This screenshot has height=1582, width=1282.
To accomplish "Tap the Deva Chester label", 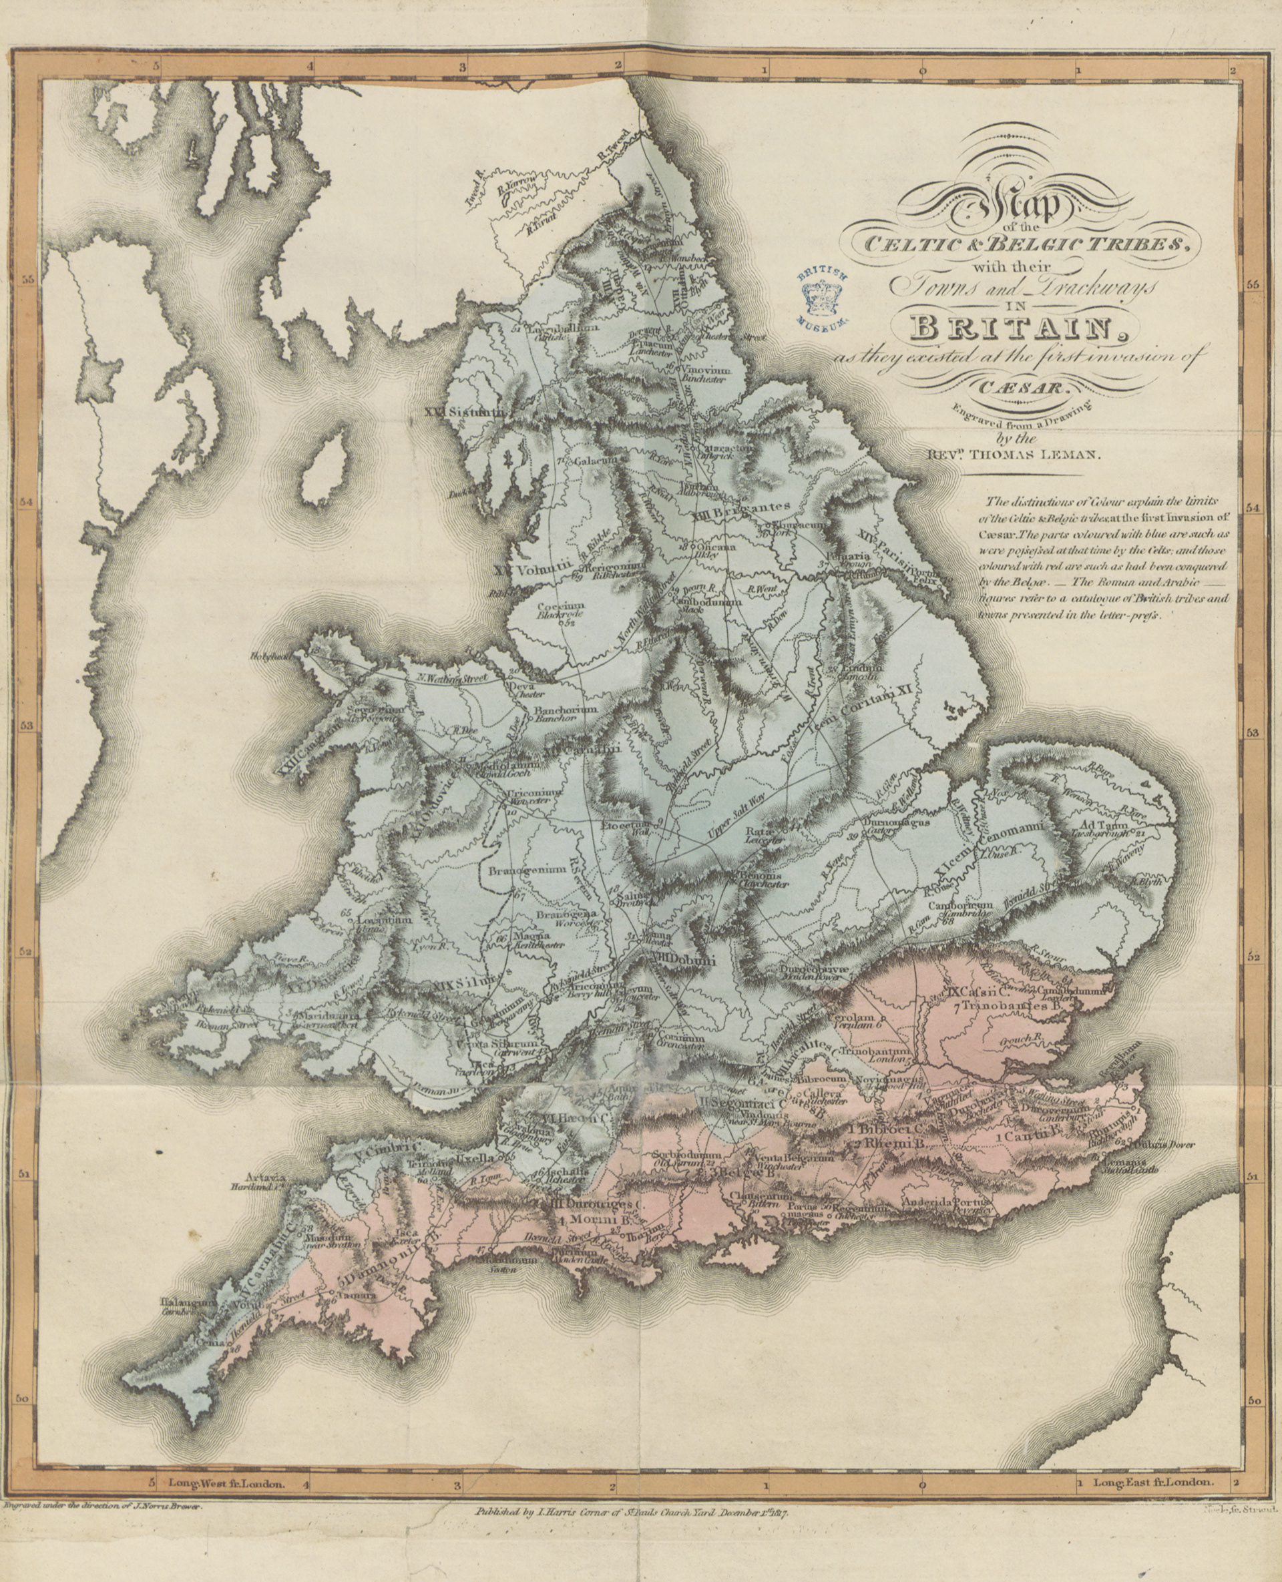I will (x=527, y=689).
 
